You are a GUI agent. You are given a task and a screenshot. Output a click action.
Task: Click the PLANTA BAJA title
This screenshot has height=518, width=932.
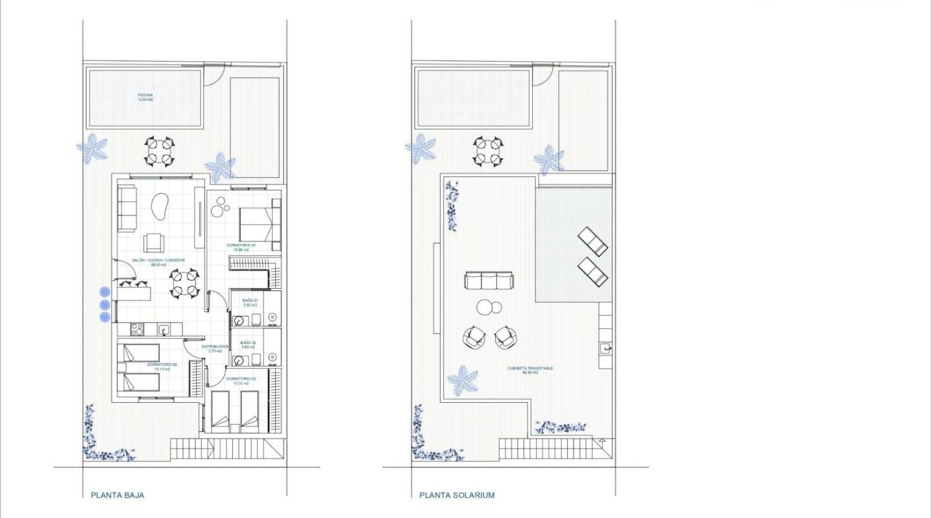[x=118, y=495]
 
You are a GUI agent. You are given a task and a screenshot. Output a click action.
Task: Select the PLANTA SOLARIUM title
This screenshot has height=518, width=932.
[x=457, y=495]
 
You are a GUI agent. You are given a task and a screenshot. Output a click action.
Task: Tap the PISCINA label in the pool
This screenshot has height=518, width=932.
[x=145, y=97]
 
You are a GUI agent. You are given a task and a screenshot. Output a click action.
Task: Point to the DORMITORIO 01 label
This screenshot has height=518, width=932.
[x=241, y=245]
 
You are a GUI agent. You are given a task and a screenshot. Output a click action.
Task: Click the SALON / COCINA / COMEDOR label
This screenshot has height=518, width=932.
[x=159, y=262]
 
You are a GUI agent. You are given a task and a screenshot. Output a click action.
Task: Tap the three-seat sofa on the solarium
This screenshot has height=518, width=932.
[x=489, y=280]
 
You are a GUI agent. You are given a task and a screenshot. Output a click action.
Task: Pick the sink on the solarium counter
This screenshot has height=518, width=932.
[x=606, y=348]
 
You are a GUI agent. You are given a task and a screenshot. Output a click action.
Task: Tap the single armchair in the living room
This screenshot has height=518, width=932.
[x=154, y=242]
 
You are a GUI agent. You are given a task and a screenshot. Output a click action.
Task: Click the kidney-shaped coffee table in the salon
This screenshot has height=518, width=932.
[x=158, y=208]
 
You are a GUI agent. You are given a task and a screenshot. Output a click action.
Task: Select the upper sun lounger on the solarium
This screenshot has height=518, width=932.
[x=592, y=241]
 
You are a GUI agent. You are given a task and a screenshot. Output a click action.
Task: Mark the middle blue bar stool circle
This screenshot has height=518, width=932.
[x=104, y=304]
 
